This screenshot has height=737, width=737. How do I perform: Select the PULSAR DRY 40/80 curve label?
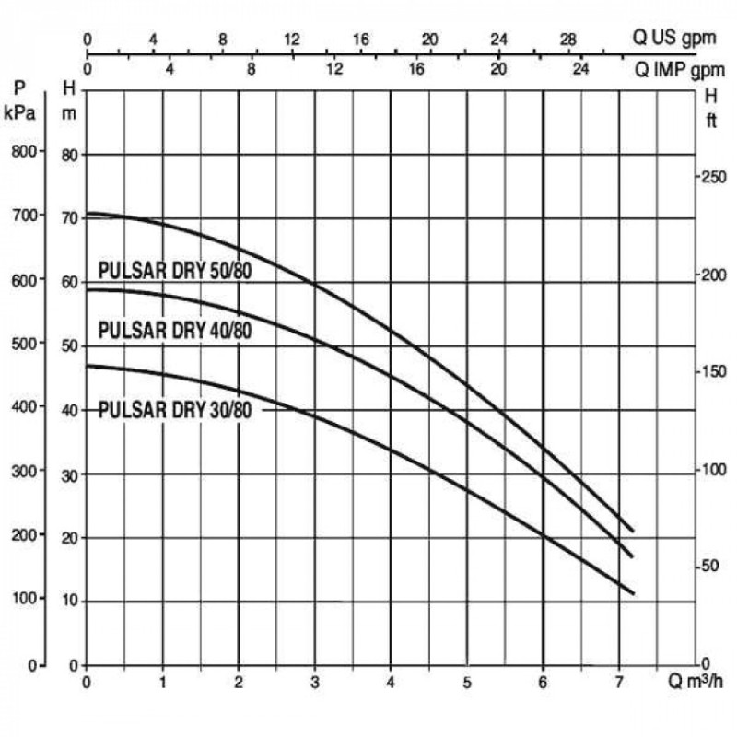point(174,330)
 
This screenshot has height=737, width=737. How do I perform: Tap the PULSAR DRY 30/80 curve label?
point(174,410)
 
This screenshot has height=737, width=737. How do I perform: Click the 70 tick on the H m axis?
point(69,218)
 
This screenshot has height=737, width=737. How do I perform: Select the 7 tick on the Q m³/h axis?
point(619,683)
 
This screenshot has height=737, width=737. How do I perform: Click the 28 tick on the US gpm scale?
point(568,41)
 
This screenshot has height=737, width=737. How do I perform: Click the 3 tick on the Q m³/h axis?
point(315,683)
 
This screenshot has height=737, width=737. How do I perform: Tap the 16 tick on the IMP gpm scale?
point(416,68)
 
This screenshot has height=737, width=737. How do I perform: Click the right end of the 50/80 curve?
point(633,531)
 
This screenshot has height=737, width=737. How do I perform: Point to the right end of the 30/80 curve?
point(633,593)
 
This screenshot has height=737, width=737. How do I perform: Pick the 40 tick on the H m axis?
point(69,411)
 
